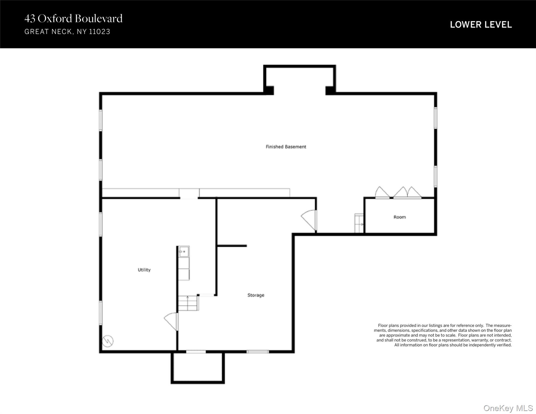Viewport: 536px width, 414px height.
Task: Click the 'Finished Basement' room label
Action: [x=286, y=147]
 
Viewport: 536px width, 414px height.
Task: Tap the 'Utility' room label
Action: [x=144, y=270]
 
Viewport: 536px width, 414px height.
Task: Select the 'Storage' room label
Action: [x=256, y=295]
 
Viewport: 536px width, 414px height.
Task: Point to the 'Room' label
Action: [x=400, y=217]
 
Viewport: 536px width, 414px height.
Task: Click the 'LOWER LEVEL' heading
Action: [x=481, y=25]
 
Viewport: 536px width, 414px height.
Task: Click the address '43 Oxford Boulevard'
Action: [x=73, y=18]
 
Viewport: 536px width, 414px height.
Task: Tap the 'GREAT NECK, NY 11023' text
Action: [x=67, y=32]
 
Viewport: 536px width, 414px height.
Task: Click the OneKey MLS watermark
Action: [x=508, y=408]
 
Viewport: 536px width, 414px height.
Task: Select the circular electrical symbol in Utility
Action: [x=108, y=341]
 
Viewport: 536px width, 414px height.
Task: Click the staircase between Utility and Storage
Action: [x=188, y=303]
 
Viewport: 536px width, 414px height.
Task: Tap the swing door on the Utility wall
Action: [x=171, y=321]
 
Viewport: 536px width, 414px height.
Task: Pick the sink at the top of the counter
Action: [x=184, y=251]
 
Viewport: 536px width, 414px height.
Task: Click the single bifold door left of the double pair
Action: [x=382, y=192]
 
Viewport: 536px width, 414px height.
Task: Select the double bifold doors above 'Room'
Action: [x=407, y=192]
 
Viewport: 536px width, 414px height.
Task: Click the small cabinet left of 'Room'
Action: [x=359, y=223]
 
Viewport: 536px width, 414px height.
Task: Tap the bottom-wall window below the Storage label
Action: [x=258, y=352]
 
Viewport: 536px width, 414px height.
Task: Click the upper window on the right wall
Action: [x=435, y=118]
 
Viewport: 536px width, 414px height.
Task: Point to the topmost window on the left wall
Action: [x=101, y=120]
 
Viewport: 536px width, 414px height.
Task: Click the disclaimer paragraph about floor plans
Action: [x=443, y=335]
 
